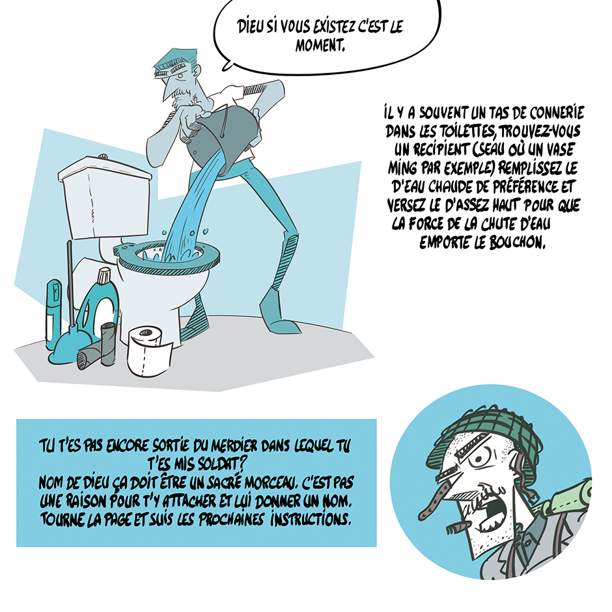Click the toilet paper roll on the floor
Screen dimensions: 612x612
click(x=149, y=352)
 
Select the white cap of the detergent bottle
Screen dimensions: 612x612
click(x=104, y=276)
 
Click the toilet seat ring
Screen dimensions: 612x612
click(x=166, y=258)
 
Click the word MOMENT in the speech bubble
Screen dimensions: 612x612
click(x=320, y=46)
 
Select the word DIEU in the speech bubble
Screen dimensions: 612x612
click(x=251, y=27)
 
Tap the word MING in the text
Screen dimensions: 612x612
click(x=402, y=168)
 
